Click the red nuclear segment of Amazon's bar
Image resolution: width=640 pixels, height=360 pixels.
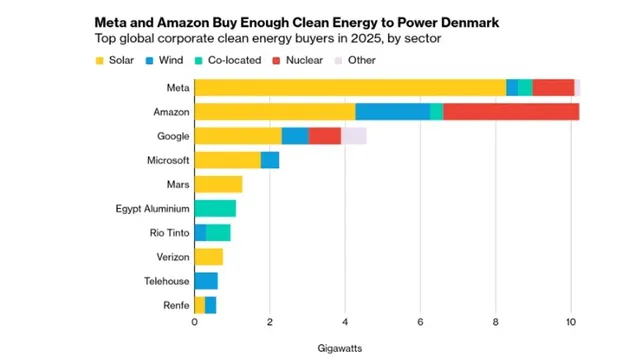[x=511, y=112]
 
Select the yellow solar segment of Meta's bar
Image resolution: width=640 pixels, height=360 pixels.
[x=350, y=88]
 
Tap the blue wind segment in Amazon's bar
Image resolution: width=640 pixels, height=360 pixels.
[x=392, y=112]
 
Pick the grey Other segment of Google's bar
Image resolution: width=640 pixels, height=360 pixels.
[x=354, y=136]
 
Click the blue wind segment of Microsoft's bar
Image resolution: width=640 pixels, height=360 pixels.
[x=270, y=160]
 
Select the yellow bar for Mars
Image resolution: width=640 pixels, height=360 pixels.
[x=218, y=184]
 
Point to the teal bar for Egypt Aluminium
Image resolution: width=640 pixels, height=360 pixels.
[x=215, y=208]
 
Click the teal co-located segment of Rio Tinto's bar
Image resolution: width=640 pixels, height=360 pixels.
[x=218, y=233]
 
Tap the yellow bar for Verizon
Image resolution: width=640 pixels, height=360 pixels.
[x=208, y=257]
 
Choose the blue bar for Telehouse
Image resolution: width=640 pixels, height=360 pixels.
[x=206, y=281]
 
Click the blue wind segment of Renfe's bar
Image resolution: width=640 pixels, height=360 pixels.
[x=210, y=305]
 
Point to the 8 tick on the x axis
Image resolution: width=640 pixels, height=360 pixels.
[x=496, y=323]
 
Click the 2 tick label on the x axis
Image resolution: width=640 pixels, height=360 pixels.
[x=270, y=323]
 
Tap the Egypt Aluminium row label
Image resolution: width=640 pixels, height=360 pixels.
[x=152, y=209]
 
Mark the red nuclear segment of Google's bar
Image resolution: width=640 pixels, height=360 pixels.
[x=325, y=136]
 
